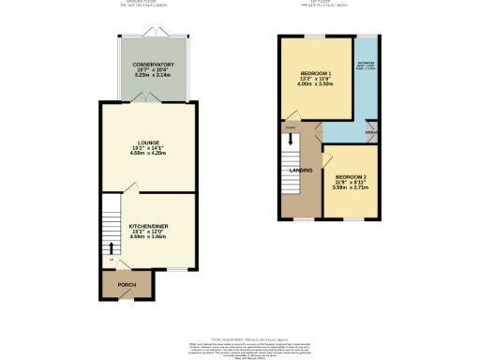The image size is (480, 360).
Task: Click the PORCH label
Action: [x=126, y=284]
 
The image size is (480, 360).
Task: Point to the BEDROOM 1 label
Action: [x=316, y=72]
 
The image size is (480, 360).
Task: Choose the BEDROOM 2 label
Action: [x=350, y=177]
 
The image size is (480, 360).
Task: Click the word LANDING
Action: [x=300, y=170]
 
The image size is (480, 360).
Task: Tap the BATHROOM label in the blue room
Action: [x=364, y=63]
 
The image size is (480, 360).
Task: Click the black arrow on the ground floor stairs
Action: [x=113, y=248]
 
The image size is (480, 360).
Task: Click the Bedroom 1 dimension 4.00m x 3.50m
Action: [x=316, y=83]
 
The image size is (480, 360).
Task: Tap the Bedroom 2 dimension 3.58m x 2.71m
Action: [x=350, y=188]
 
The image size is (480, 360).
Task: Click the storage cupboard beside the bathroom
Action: [x=371, y=134]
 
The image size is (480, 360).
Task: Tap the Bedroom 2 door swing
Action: [x=327, y=161]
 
